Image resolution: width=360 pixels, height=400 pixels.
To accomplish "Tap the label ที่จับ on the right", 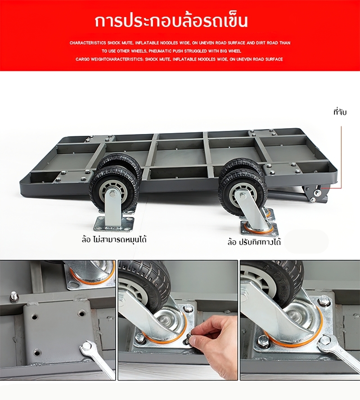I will click(340, 112).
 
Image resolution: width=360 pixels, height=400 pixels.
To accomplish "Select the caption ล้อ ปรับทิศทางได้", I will click(254, 242).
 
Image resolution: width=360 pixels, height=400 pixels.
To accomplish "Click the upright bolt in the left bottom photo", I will click(14, 296).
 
